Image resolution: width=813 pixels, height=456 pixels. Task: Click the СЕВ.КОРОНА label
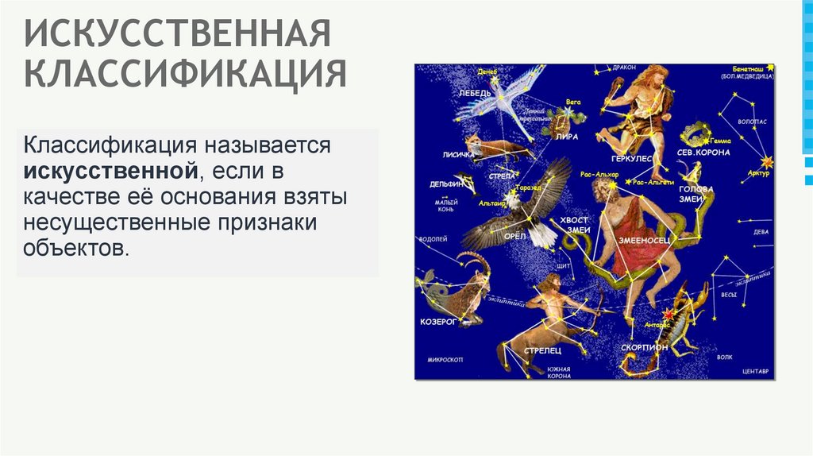pos(703,151)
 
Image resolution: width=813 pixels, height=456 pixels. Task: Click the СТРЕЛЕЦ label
pos(543,350)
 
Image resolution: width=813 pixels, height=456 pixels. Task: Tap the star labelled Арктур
pos(767,162)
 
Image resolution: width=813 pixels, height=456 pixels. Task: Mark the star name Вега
pos(573,102)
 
